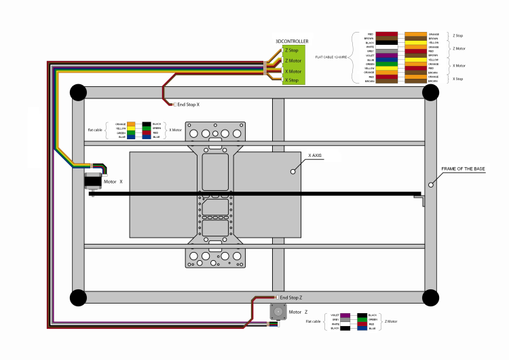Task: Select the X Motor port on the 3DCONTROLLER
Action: pyautogui.click(x=293, y=71)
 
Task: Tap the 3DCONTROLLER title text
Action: pyautogui.click(x=292, y=41)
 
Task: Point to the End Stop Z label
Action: pyautogui.click(x=291, y=298)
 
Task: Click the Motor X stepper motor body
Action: pyautogui.click(x=92, y=181)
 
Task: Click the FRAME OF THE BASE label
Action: pyautogui.click(x=463, y=168)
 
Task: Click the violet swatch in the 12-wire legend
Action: pyautogui.click(x=386, y=55)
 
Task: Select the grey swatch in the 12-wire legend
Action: pyautogui.click(x=386, y=50)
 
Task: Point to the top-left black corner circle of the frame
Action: pyautogui.click(x=77, y=92)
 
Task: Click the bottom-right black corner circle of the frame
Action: pyautogui.click(x=430, y=298)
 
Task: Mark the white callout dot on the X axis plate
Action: pyautogui.click(x=294, y=172)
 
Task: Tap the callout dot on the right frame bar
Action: pyautogui.click(x=430, y=184)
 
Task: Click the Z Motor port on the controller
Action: pyautogui.click(x=294, y=60)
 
